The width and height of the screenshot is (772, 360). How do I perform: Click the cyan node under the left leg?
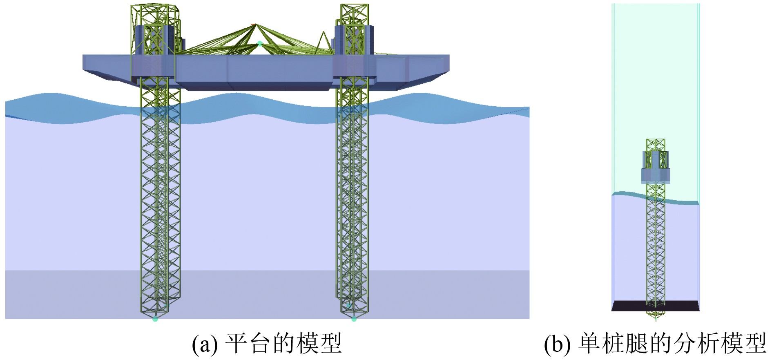(155, 319)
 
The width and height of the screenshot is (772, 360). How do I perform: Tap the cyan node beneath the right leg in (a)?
(354, 319)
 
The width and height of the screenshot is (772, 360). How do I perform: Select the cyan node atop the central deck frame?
(259, 43)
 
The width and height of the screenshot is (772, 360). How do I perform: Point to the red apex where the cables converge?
(254, 25)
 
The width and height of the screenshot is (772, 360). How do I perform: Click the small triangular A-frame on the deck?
(324, 42)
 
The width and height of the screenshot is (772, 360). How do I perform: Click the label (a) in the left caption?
(205, 344)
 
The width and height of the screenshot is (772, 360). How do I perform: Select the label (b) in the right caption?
(557, 344)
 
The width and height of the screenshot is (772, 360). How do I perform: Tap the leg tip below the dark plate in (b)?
(656, 315)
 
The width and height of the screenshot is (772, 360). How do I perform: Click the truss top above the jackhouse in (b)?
(656, 144)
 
